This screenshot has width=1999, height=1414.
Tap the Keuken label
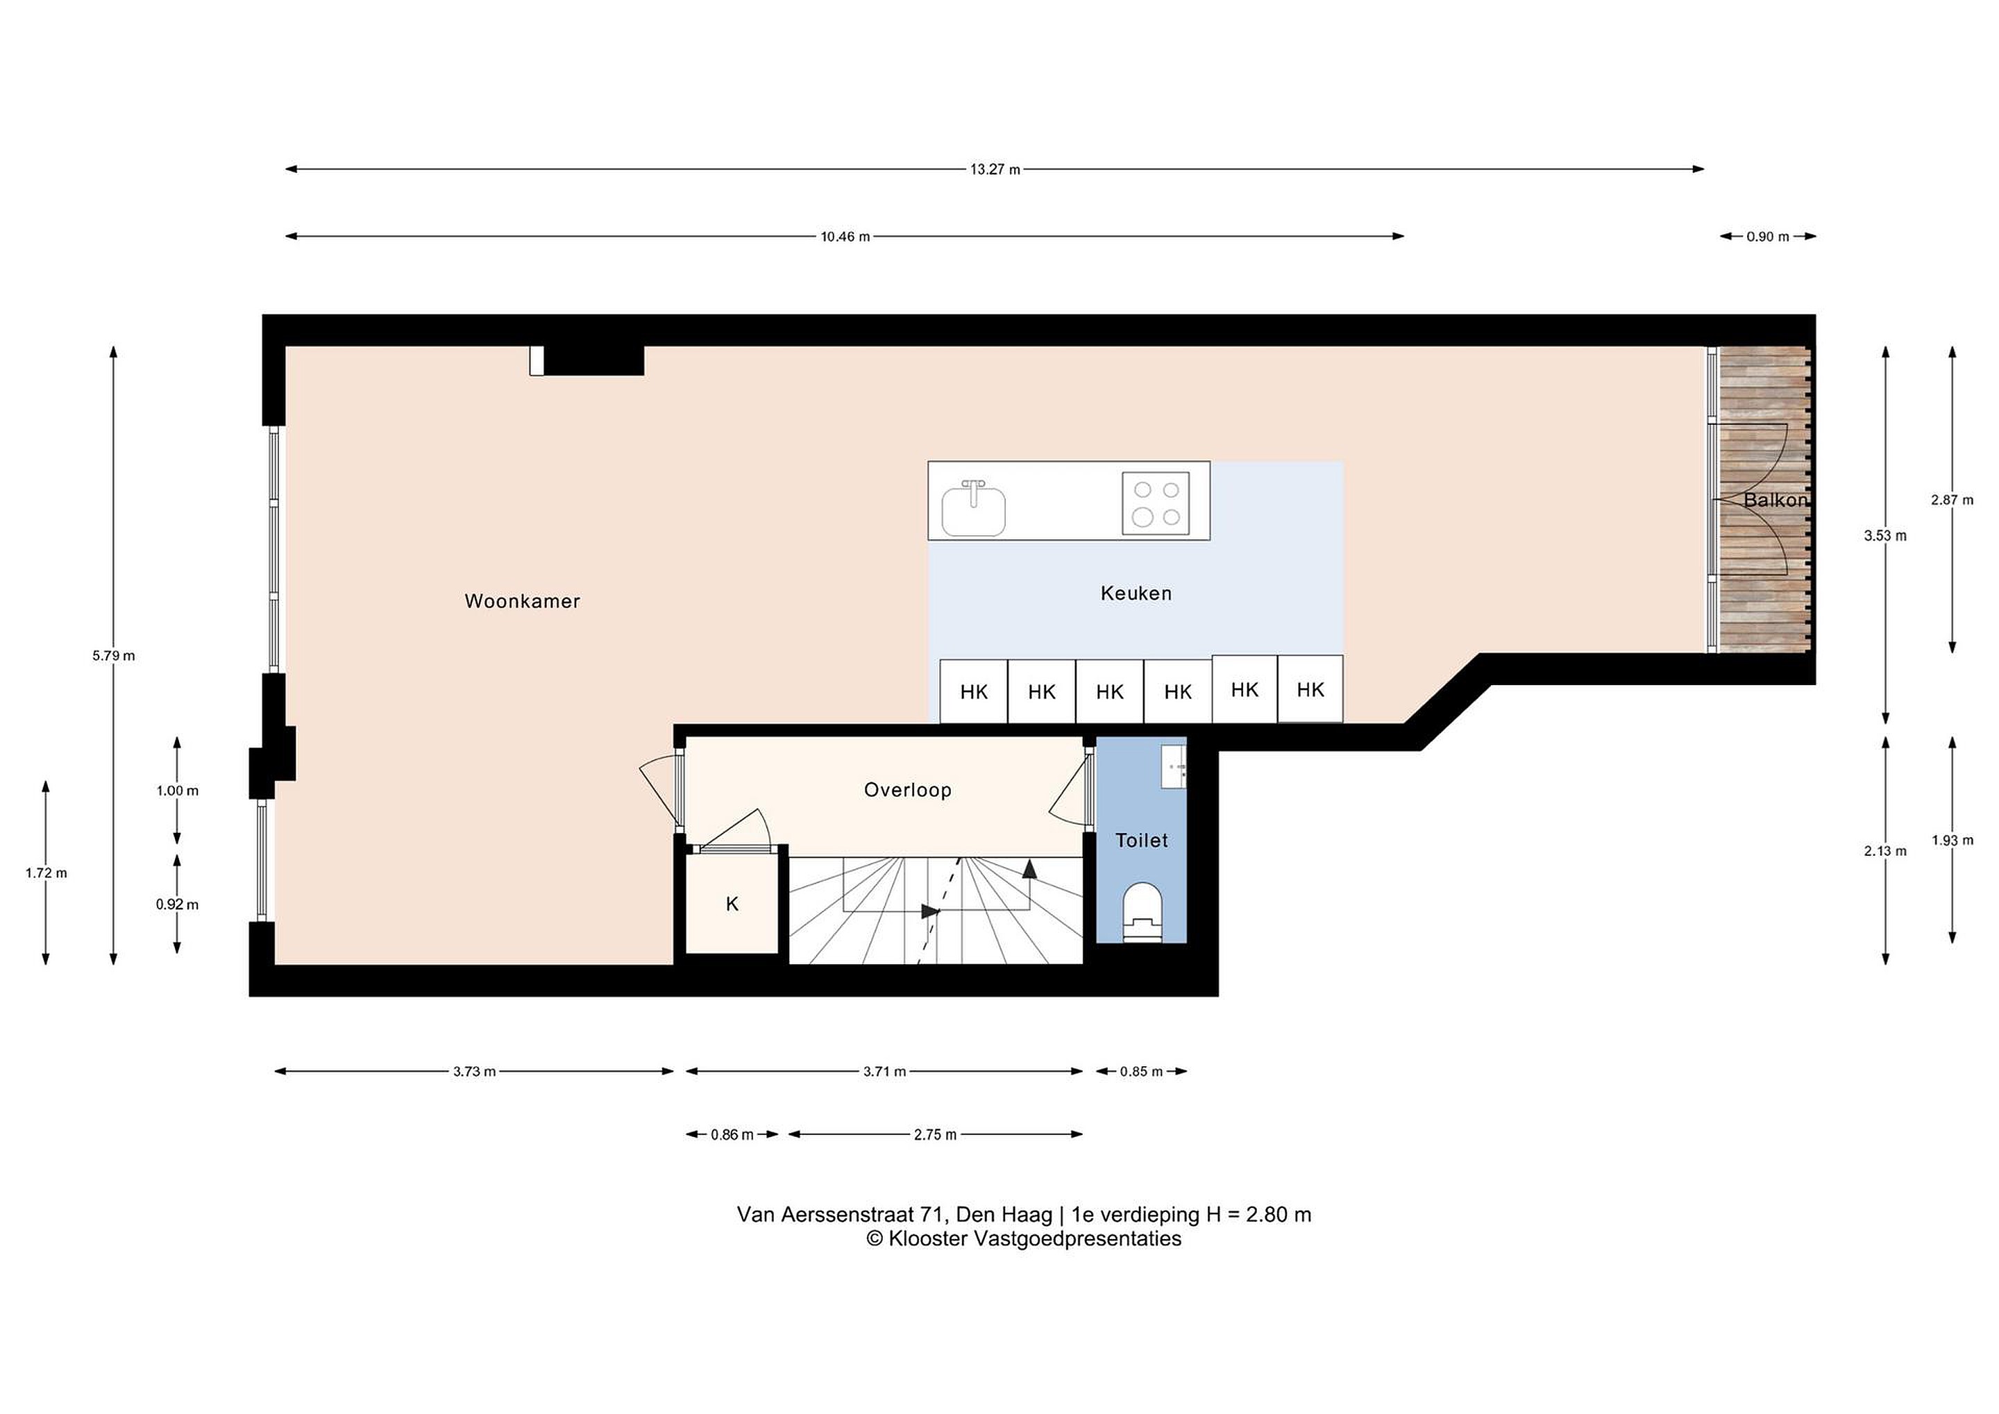click(1136, 593)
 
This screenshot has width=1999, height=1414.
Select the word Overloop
click(907, 790)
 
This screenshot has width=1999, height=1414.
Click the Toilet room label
click(1141, 840)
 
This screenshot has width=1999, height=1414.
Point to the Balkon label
click(1776, 500)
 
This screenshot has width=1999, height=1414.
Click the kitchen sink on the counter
click(973, 509)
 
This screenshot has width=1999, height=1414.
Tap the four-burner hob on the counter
click(1156, 503)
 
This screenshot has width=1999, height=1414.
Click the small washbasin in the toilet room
click(1174, 767)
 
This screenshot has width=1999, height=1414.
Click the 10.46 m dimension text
click(845, 237)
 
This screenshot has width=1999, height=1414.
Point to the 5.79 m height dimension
click(114, 655)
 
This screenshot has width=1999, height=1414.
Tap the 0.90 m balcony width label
click(1767, 237)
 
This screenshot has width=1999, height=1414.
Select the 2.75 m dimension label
click(935, 1134)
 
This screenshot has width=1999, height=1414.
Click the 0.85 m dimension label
click(1141, 1072)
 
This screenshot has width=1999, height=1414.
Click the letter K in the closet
click(732, 904)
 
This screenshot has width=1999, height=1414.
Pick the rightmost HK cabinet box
click(1310, 689)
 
